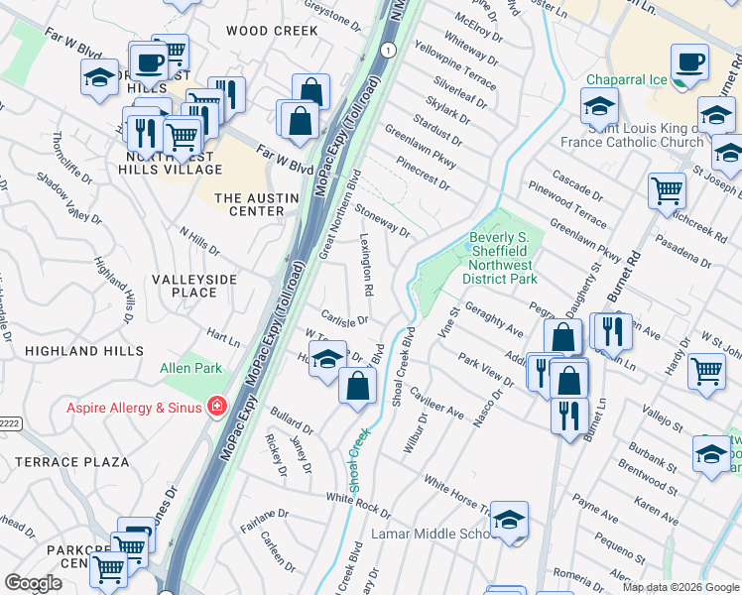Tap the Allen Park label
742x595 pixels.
pos(190,369)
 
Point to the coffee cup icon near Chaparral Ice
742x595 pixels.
pos(689,63)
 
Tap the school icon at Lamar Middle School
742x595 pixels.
pos(509,519)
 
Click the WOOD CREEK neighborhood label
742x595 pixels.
pos(272,31)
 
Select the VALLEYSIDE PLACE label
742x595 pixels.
pos(194,286)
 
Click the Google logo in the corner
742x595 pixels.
pos(33,583)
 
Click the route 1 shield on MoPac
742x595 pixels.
pos(388,49)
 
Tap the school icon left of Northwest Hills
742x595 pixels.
pos(99,79)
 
